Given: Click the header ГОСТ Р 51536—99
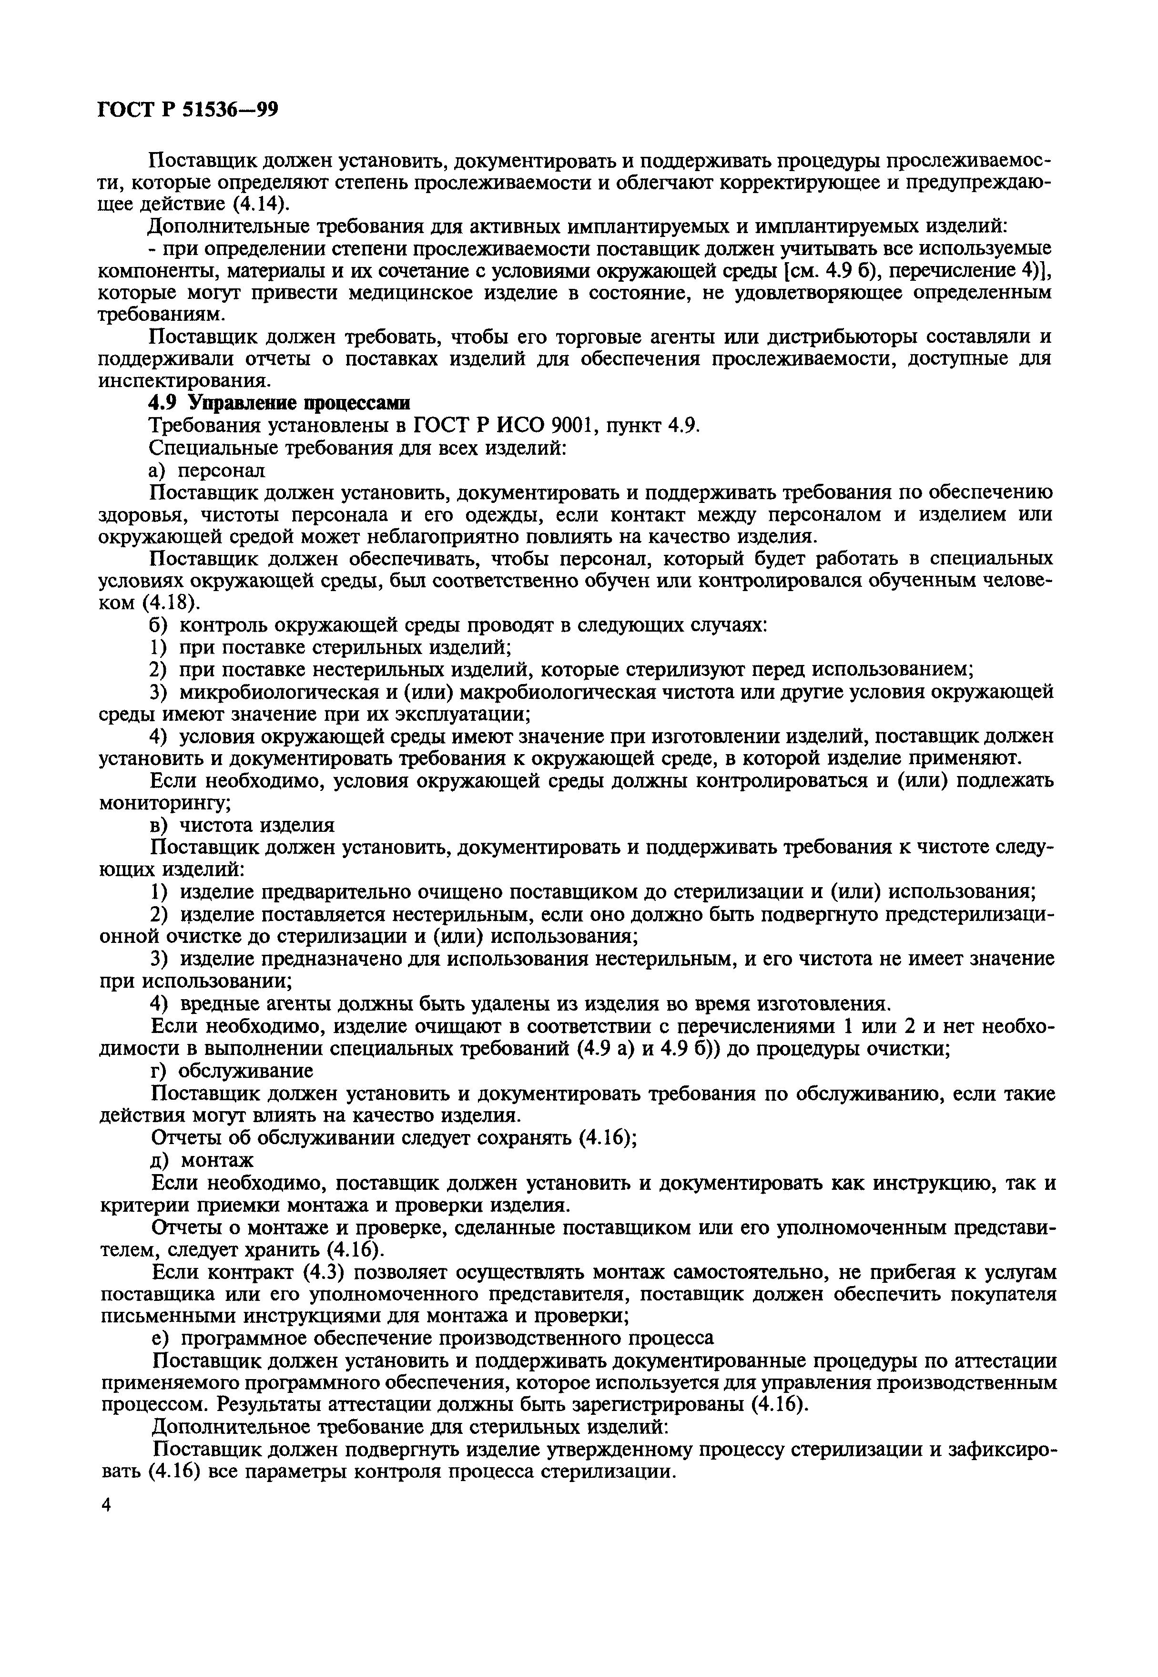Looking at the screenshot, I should [x=188, y=110].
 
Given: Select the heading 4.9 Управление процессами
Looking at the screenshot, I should [x=279, y=403].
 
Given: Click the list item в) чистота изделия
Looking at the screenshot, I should [x=242, y=825].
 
